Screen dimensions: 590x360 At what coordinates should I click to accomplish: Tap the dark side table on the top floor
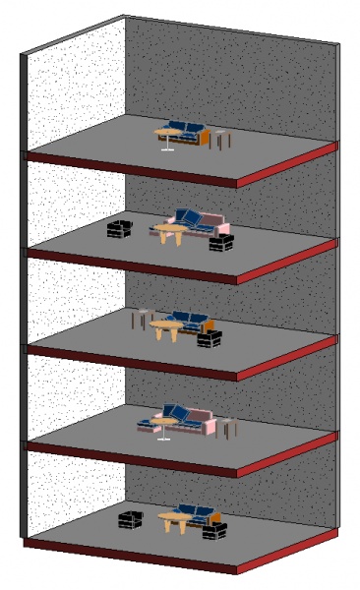pyautogui.click(x=223, y=140)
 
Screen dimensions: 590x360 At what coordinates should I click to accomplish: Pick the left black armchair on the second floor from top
pyautogui.click(x=120, y=230)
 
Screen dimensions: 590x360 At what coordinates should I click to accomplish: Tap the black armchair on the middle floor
pyautogui.click(x=209, y=338)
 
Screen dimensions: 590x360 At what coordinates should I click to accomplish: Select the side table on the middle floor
pyautogui.click(x=141, y=318)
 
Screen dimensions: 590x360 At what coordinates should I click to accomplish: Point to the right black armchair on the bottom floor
pyautogui.click(x=215, y=532)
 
